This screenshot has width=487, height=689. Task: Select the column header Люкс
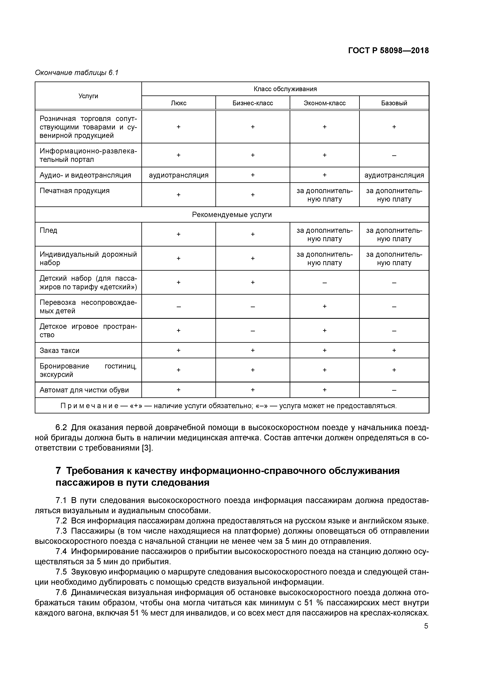tap(179, 103)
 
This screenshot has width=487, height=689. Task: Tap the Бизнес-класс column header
tap(253, 103)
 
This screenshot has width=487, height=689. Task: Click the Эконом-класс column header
tap(324, 103)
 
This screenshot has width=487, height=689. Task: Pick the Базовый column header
tap(394, 103)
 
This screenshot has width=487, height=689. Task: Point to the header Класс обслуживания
tap(285, 89)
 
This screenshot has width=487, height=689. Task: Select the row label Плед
tap(48, 230)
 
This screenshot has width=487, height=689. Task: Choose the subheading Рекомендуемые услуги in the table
tap(232, 214)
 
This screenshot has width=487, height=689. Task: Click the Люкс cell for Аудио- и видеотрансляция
tap(179, 175)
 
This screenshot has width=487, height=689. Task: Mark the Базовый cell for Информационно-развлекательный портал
tap(394, 155)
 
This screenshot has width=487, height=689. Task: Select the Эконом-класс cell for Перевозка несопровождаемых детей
tap(324, 306)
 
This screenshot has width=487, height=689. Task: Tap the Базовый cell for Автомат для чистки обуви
tap(394, 390)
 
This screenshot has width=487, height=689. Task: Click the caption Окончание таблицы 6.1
tap(77, 73)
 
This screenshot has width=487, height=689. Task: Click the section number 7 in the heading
tap(59, 471)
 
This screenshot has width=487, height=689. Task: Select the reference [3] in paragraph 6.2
tap(147, 448)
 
